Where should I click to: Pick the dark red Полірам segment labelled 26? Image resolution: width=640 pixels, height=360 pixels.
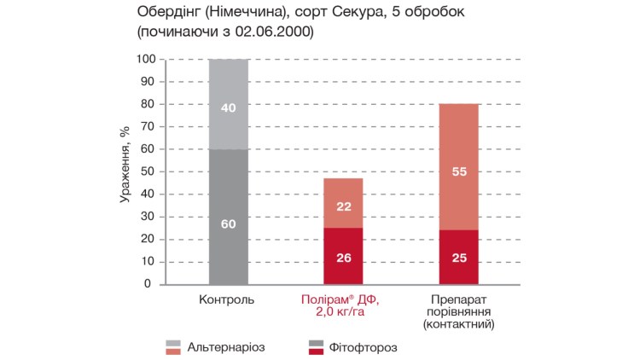point(343,255)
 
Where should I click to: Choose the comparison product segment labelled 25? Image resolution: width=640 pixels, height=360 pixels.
point(458,257)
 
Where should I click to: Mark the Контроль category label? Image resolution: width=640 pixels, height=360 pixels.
point(226,300)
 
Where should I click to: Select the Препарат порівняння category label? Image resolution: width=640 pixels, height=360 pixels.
point(459,312)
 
